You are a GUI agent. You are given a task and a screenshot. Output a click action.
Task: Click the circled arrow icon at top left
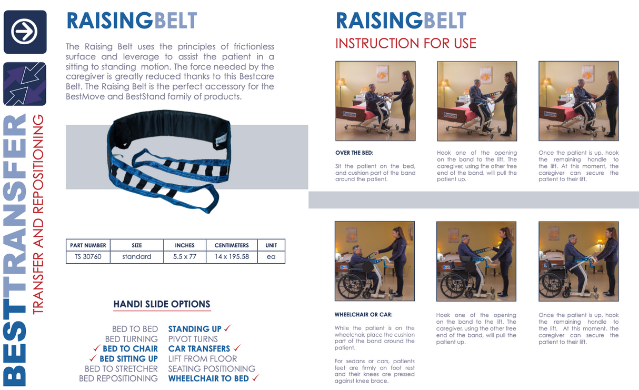[25, 32]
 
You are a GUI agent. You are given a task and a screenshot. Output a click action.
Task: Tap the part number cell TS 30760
[88, 257]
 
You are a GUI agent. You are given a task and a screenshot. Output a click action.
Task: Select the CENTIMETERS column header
[232, 245]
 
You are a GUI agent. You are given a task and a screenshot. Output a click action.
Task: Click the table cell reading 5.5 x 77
[185, 257]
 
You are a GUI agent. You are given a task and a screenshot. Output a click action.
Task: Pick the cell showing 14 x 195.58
[232, 257]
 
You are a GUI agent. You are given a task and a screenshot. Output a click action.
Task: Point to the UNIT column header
[271, 245]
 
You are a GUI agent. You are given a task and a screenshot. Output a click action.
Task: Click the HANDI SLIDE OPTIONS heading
[162, 304]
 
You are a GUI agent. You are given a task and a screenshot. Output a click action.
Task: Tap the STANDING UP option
[195, 329]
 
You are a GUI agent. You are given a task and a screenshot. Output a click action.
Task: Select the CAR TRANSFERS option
[199, 348]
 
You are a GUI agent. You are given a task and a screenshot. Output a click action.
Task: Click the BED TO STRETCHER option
[121, 369]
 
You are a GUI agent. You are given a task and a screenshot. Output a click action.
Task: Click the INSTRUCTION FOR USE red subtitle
[405, 43]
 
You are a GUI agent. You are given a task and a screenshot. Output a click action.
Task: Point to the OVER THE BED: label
[354, 153]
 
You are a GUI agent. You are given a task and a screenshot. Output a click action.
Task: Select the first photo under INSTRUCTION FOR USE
[375, 101]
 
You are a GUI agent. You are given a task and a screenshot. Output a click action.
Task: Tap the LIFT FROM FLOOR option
[203, 359]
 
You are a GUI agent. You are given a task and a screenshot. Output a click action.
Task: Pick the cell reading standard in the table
[137, 257]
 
